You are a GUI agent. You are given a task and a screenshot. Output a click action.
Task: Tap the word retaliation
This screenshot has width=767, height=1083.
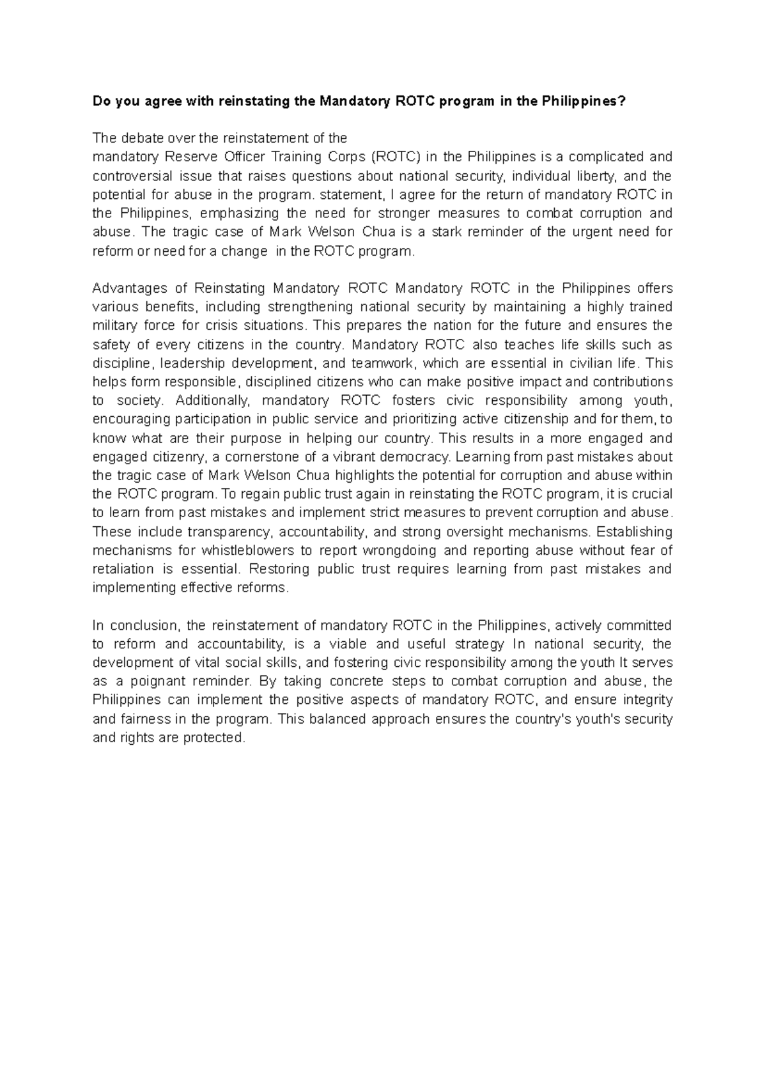point(123,569)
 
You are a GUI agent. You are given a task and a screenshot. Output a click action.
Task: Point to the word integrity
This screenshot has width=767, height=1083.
point(641,700)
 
